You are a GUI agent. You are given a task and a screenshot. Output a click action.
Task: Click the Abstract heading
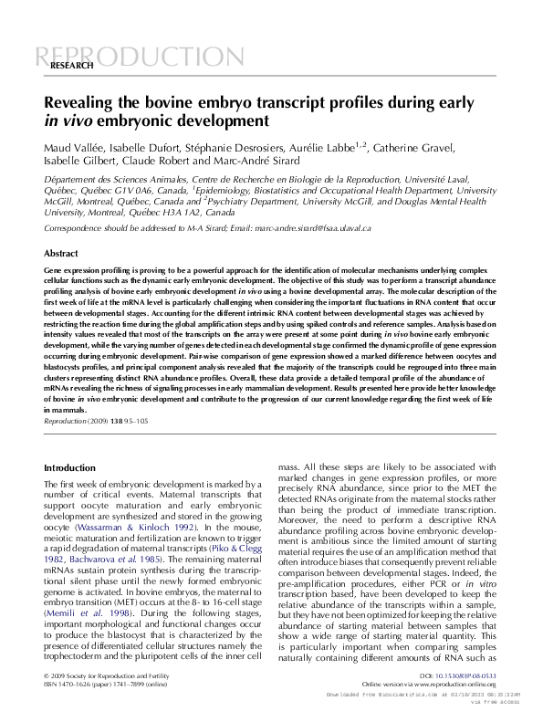tap(61, 253)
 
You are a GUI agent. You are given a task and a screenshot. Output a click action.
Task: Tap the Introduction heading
tap(70, 467)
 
